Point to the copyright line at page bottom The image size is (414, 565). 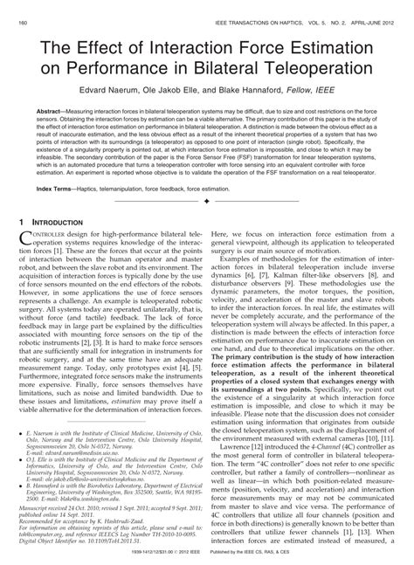click(x=207, y=558)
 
